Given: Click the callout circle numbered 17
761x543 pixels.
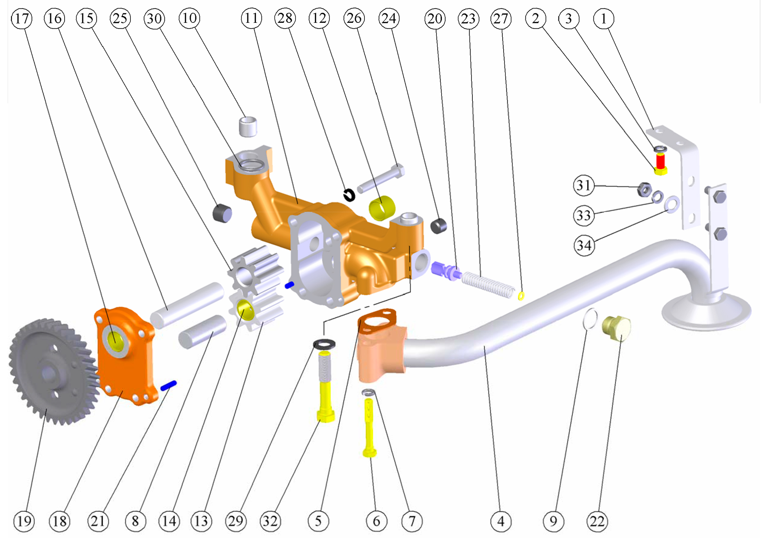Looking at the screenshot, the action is (22, 19).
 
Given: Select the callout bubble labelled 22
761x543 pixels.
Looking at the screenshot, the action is (597, 521).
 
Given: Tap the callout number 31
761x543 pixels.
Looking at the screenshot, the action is (584, 185).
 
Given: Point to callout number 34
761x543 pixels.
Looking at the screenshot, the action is (584, 245).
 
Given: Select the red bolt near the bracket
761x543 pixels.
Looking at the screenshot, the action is (661, 161).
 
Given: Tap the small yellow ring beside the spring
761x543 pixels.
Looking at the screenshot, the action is (521, 296).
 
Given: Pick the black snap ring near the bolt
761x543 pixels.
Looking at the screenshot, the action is (349, 194).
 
